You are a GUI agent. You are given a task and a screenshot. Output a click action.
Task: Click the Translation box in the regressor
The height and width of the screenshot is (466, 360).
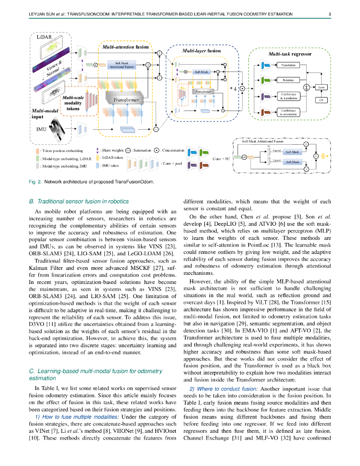click(288, 65)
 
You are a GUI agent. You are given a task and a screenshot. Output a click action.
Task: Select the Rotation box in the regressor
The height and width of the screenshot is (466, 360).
click(288, 80)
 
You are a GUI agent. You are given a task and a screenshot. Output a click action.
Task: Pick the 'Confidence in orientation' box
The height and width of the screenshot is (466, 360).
click(288, 112)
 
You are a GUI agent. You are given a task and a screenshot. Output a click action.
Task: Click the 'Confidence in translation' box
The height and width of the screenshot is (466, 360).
click(288, 96)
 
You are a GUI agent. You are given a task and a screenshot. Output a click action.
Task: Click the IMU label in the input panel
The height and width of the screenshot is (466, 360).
click(41, 129)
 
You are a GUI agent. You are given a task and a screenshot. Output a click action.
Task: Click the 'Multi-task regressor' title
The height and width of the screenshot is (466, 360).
click(290, 54)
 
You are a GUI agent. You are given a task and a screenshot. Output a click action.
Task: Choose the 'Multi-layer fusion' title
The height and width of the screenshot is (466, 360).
click(201, 51)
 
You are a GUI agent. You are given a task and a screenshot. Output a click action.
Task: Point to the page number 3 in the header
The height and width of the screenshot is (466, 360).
click(330, 14)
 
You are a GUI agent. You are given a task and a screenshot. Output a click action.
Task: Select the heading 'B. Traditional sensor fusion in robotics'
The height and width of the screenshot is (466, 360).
click(79, 201)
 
